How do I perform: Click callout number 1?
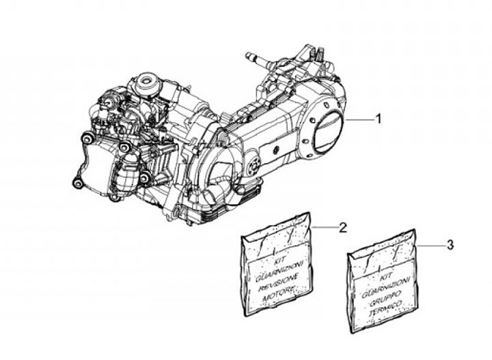coord(378,119)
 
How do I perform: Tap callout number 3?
coord(449,244)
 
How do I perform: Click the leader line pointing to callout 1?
coord(358,120)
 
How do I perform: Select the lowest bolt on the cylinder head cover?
coord(78,182)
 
